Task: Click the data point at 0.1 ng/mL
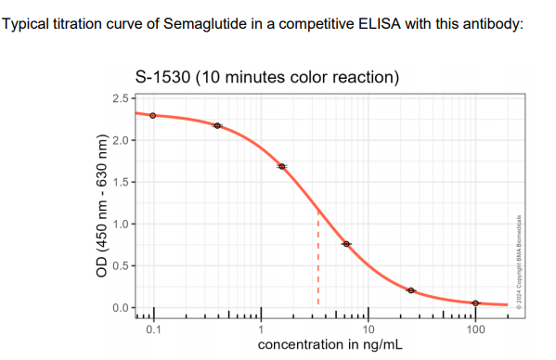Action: pos(153,116)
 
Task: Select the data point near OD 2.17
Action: pos(217,125)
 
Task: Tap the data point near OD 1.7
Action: pos(282,166)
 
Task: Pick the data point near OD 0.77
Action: pos(346,243)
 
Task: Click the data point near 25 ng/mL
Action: pos(411,290)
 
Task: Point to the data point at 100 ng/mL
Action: pos(475,303)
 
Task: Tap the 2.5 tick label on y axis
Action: pos(120,98)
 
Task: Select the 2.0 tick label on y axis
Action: pos(120,140)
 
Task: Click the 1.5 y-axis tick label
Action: pos(120,182)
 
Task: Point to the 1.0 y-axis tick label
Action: pos(120,224)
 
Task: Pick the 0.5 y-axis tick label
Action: pos(120,265)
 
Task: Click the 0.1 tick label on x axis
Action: pos(153,329)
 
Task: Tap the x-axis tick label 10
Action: pos(369,329)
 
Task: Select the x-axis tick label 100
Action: pos(475,329)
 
